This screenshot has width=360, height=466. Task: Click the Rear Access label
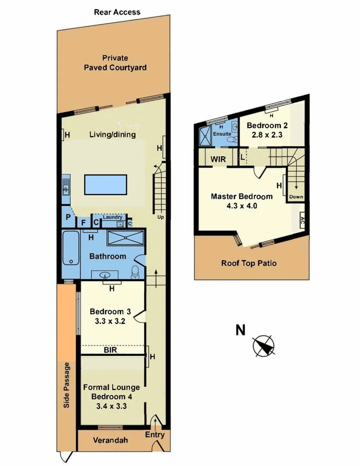click(x=117, y=12)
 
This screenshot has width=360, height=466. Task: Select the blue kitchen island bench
click(x=106, y=184)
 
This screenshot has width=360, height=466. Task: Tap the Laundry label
click(x=113, y=217)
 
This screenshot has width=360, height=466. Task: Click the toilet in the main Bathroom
click(x=135, y=271)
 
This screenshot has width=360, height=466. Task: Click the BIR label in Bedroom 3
click(x=110, y=351)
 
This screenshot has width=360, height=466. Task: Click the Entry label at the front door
click(x=154, y=435)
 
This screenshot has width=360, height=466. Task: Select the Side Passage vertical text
click(x=67, y=385)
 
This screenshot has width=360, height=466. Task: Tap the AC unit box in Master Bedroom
click(x=302, y=219)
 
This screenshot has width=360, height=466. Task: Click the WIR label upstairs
click(x=218, y=159)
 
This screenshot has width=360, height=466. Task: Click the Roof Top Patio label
click(x=249, y=263)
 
